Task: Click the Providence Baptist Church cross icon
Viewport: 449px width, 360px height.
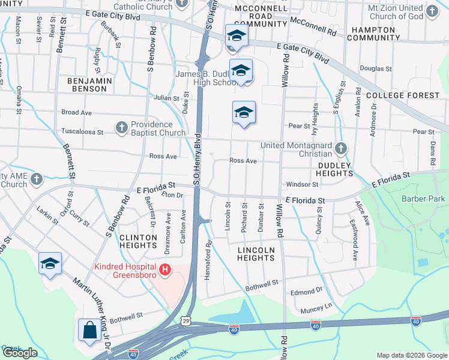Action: [x=121, y=128]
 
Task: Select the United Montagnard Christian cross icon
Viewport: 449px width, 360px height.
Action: [x=341, y=148]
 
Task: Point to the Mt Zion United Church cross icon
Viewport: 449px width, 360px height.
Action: [x=431, y=11]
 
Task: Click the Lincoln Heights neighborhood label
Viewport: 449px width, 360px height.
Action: [x=256, y=254]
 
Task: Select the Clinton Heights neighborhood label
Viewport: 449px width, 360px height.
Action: [x=138, y=241]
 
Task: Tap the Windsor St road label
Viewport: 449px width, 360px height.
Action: [x=302, y=184]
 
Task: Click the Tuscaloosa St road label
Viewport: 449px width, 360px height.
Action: [x=83, y=132]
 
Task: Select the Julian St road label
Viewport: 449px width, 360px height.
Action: [x=162, y=98]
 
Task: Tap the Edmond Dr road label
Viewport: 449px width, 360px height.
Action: [x=306, y=292]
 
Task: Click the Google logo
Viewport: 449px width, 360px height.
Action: [x=20, y=353]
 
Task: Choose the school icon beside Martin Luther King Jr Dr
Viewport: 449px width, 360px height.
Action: [x=50, y=263]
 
